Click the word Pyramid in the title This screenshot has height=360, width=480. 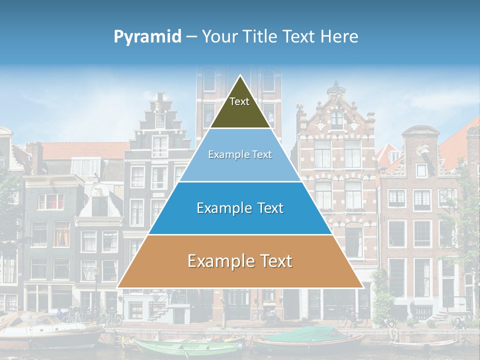[x=147, y=37]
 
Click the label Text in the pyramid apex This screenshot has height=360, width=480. [x=239, y=101]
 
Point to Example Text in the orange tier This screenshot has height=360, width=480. [x=240, y=261]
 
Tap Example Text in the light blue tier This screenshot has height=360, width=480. [x=240, y=154]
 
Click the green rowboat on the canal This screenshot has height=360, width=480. [x=185, y=347]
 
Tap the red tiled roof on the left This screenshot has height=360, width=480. [x=85, y=150]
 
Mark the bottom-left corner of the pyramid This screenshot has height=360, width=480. [x=117, y=287]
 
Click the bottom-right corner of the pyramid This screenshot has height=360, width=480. [x=362, y=287]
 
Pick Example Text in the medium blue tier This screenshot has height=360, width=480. [x=240, y=208]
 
